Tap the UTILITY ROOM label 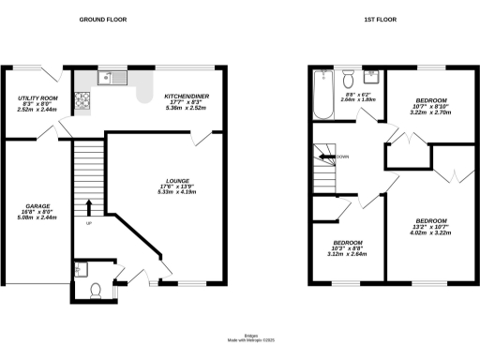pos(37,98)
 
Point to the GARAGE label pos(37,207)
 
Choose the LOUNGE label pos(178,181)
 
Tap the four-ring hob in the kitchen pos(83,97)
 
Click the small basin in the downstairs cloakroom pos(79,271)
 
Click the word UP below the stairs pos(89,224)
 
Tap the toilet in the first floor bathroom pos(348,77)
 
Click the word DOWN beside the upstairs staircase pos(343,157)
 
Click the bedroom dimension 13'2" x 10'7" pos(431,226)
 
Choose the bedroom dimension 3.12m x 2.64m pos(347,253)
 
